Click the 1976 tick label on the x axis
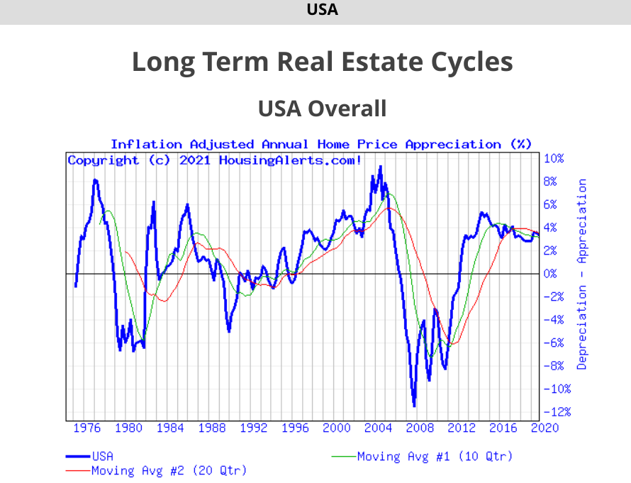(86, 428)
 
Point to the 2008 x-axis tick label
(420, 428)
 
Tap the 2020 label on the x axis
(545, 428)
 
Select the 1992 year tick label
(253, 428)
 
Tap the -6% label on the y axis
(554, 343)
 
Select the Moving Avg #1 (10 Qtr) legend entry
(434, 456)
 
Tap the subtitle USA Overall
(322, 109)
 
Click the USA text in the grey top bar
(322, 10)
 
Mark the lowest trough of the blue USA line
(414, 405)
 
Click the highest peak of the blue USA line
(381, 167)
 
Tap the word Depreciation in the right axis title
(582, 327)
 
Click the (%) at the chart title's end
(521, 145)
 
